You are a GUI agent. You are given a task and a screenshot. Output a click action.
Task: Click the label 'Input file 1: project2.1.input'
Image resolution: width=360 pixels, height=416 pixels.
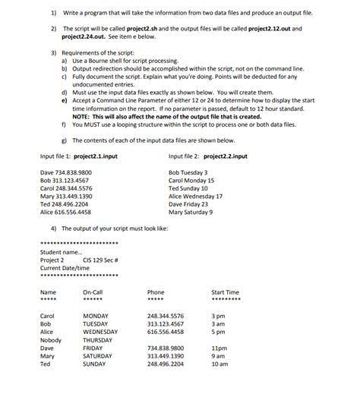(79, 156)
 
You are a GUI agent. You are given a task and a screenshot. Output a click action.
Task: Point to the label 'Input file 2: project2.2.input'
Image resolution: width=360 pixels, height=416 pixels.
(208, 156)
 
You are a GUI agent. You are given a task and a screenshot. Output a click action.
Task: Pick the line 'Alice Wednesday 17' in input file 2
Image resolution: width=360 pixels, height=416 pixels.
(195, 197)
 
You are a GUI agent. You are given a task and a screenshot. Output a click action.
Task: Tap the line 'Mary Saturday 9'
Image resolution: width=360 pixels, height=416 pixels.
(190, 212)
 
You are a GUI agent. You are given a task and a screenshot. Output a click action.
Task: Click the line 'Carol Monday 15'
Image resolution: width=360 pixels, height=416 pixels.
(191, 181)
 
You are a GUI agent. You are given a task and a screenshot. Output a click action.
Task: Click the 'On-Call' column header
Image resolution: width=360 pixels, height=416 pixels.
(93, 292)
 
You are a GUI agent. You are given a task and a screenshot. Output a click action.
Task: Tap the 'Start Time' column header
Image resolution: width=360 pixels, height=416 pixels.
(225, 292)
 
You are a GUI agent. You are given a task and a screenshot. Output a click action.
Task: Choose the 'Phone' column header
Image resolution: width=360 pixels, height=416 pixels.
(156, 292)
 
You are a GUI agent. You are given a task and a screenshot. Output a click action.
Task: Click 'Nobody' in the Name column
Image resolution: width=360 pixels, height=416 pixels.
(51, 340)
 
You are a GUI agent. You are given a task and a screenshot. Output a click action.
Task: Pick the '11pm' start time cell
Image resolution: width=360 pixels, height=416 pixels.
(219, 348)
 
